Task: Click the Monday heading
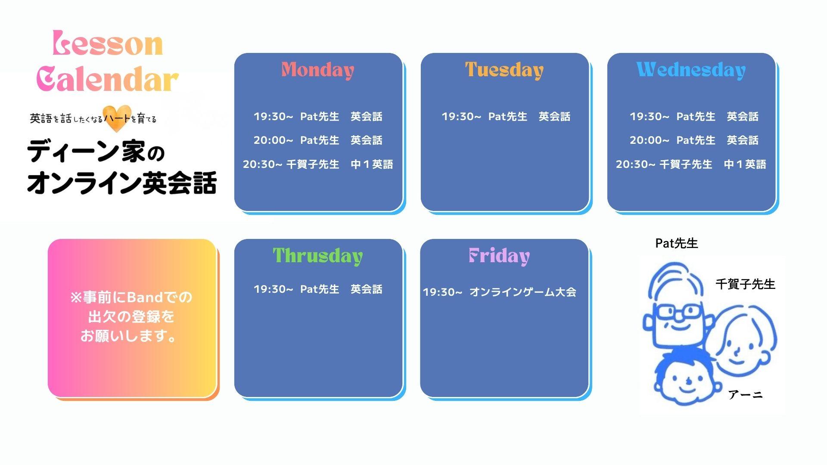tap(318, 70)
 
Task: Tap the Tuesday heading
tap(504, 70)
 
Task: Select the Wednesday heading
tap(691, 70)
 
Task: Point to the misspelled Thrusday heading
tap(318, 256)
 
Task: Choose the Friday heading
tap(499, 256)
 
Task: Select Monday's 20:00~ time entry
tap(273, 140)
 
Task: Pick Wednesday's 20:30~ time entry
tap(635, 164)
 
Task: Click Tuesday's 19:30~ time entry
tap(461, 117)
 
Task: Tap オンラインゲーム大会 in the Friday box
tap(523, 292)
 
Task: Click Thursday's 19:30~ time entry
tap(273, 289)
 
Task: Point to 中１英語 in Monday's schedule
tap(372, 164)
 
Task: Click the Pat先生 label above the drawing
tap(676, 243)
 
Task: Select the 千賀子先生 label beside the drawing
tap(745, 284)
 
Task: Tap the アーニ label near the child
tap(745, 394)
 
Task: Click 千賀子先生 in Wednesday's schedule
tap(686, 164)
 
